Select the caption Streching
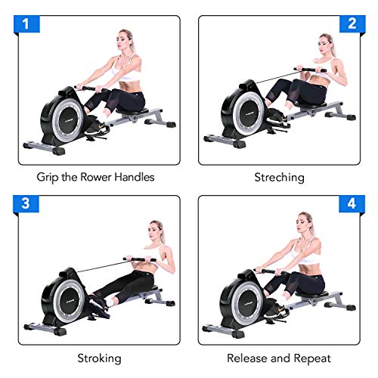click(x=279, y=178)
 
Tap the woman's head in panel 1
click(x=124, y=42)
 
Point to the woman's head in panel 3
click(x=156, y=231)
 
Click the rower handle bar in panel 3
click(x=139, y=262)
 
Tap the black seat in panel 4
click(x=312, y=291)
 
